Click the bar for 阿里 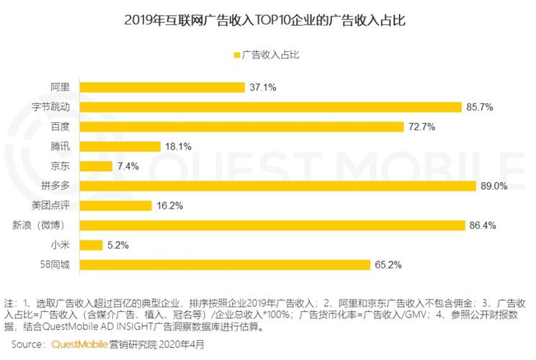162,87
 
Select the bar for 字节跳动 270,107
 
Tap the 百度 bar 241,127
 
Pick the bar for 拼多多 277,186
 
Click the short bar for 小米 91,245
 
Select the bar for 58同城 225,264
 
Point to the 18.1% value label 179,147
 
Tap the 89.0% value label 494,186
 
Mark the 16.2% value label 170,206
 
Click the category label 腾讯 60,147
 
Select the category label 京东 60,166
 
